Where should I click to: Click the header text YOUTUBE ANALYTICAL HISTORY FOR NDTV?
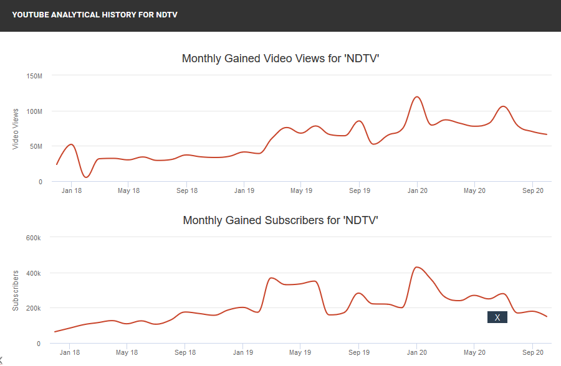click(95, 14)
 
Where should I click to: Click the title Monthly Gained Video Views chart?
click(280, 59)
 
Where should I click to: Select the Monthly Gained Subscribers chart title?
click(280, 220)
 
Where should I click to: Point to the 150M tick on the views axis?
click(34, 76)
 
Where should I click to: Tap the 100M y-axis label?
click(34, 111)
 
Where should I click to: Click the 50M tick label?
click(36, 147)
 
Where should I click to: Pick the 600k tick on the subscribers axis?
click(33, 238)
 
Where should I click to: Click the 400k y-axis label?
click(33, 273)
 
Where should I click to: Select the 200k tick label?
click(33, 309)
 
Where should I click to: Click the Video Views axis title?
click(16, 129)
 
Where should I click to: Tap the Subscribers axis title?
click(16, 290)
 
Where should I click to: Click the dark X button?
click(497, 317)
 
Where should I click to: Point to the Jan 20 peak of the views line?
click(417, 97)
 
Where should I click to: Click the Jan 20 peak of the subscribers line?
click(416, 267)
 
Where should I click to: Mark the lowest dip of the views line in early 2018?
click(86, 177)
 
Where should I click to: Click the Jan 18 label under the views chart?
click(71, 190)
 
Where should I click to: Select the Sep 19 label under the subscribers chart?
click(359, 352)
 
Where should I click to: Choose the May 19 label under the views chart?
click(302, 190)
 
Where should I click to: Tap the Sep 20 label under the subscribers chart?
click(532, 352)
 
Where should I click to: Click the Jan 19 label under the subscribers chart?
click(243, 352)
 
